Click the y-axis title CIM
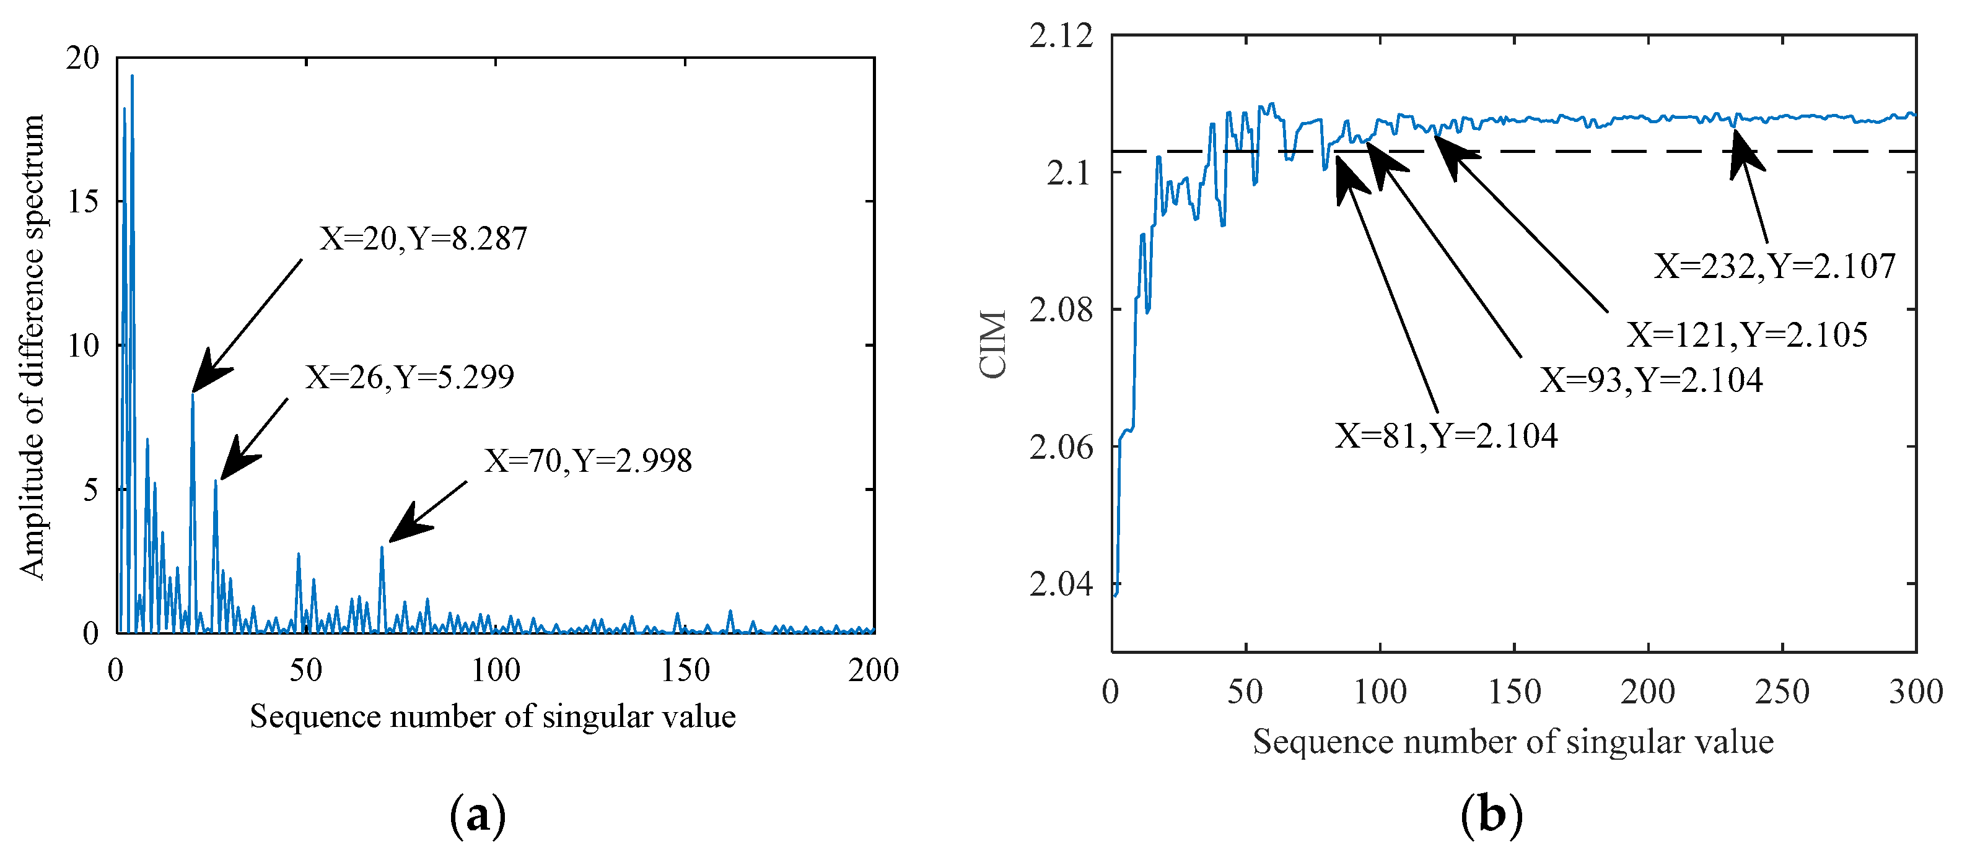coord(993,344)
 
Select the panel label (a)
coord(478,816)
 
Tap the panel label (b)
coord(1491,815)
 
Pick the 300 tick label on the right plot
coord(1916,692)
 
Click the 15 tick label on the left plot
coord(83,201)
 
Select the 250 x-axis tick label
coord(1782,692)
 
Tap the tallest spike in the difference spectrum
coord(132,76)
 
